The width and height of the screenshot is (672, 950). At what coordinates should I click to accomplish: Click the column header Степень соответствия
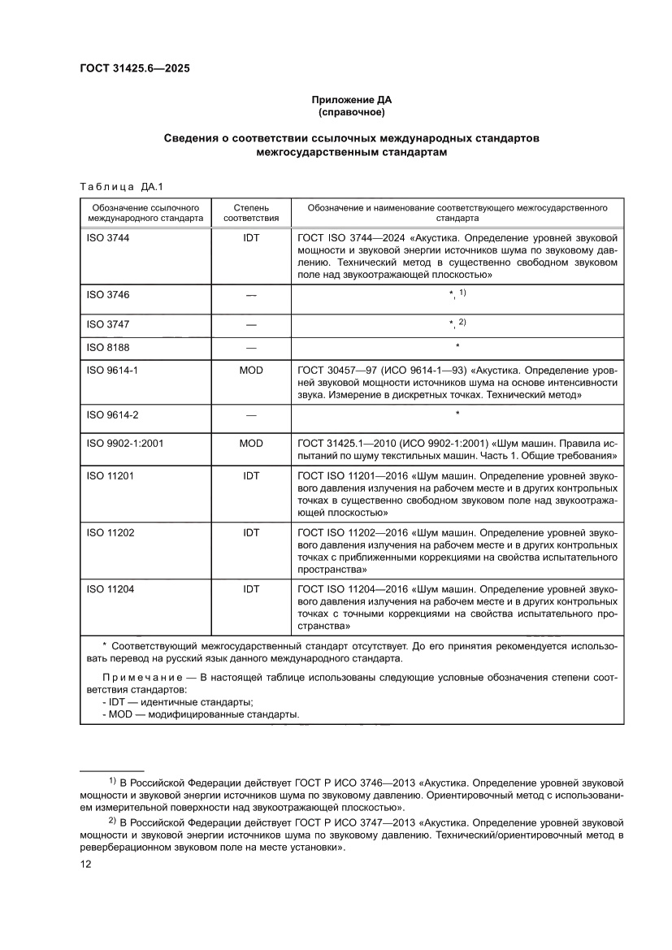(x=251, y=213)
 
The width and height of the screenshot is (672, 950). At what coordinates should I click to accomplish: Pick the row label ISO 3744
(x=108, y=238)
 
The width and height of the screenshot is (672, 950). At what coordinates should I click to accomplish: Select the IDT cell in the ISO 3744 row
(x=251, y=238)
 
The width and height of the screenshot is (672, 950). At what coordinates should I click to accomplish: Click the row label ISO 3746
(x=108, y=295)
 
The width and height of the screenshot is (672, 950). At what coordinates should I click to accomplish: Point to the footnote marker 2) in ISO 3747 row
(x=462, y=322)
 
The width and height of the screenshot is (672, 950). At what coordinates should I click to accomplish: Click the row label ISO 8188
(x=108, y=347)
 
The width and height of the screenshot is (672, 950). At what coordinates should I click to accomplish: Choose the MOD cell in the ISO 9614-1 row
(x=251, y=370)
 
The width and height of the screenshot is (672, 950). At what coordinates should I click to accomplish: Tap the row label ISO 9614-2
(x=112, y=414)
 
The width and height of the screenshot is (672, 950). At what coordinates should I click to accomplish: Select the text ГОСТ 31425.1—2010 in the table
(x=347, y=445)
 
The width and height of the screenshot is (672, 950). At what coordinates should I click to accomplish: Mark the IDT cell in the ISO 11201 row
(x=251, y=475)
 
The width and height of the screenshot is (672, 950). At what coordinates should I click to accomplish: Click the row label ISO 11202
(x=110, y=532)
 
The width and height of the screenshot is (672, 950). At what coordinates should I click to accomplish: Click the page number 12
(x=85, y=865)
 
